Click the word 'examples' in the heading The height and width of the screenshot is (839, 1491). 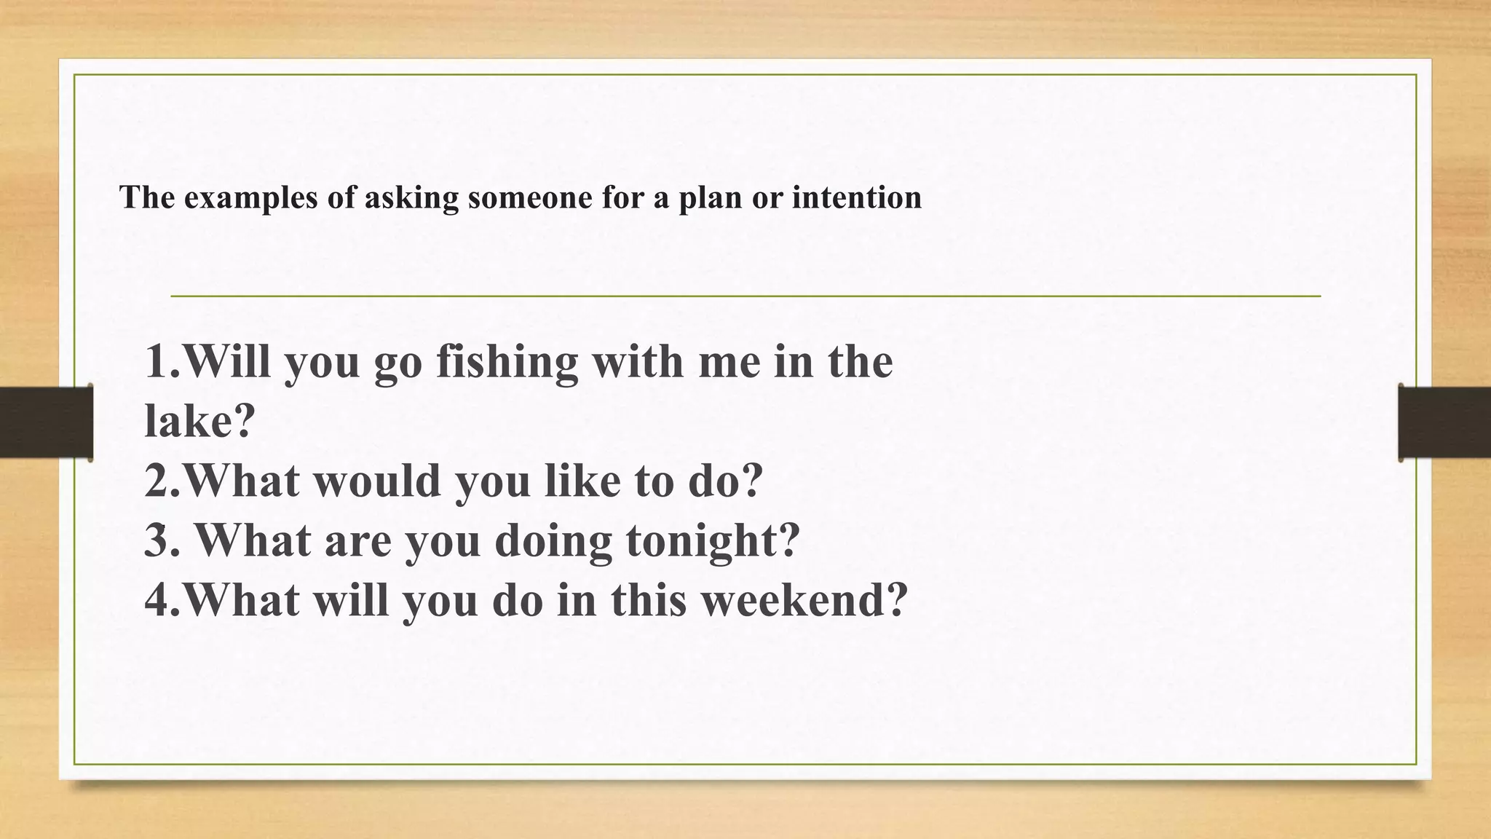tap(250, 198)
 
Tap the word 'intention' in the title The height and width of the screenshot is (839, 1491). tap(856, 197)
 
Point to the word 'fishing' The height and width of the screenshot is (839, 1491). tap(507, 362)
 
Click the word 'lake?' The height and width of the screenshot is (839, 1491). tap(200, 420)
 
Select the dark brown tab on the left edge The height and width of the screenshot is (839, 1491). tap(46, 422)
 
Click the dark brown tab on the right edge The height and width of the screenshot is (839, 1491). tap(1444, 422)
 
